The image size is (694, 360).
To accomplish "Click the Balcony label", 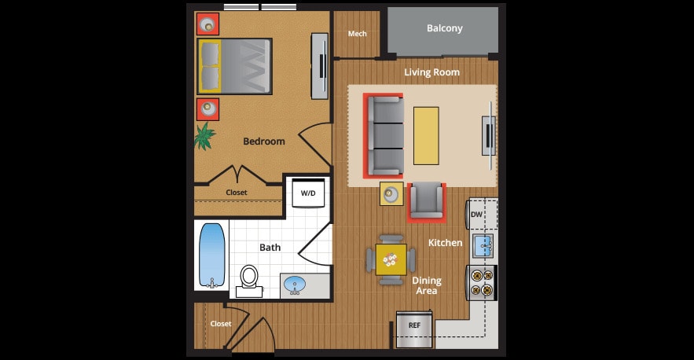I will [x=444, y=28].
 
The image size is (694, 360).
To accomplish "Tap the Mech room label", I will [x=358, y=34].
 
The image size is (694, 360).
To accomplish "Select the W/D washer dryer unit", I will [x=308, y=193].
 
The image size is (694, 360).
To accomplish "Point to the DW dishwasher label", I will [x=476, y=214].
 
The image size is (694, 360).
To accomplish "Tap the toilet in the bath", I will [x=249, y=277].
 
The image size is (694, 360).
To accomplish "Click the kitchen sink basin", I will [x=483, y=245].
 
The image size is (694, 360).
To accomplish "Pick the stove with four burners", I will [x=483, y=282].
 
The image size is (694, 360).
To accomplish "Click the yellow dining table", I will [x=391, y=259].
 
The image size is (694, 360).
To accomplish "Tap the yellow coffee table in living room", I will [x=426, y=135].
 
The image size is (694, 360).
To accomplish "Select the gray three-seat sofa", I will [x=384, y=135].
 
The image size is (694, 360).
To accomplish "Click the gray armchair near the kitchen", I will [x=427, y=200].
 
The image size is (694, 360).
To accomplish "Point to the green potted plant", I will [x=206, y=135].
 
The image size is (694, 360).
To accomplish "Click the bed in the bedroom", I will [x=234, y=66].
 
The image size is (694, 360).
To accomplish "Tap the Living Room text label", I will [x=431, y=72].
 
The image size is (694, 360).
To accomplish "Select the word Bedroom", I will [x=263, y=141].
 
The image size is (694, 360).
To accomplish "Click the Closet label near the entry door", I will [x=221, y=323].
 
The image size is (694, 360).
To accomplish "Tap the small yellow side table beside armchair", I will [x=391, y=193].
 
